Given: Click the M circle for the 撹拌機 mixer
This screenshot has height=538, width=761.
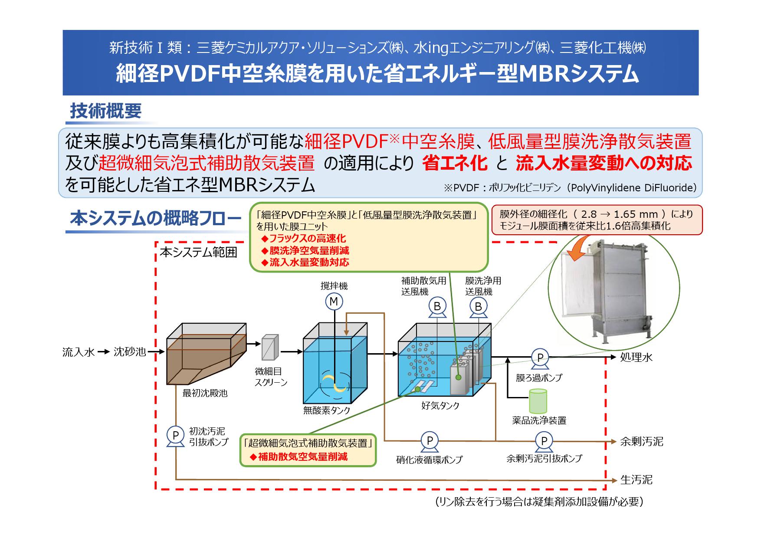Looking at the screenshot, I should (334, 302).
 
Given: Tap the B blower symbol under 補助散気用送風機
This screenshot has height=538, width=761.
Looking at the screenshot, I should (437, 306).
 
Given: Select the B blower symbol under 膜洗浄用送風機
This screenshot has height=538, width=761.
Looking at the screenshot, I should (478, 307).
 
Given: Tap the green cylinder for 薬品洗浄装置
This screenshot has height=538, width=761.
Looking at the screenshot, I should (538, 401).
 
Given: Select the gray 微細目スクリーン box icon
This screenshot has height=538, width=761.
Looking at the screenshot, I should (269, 347).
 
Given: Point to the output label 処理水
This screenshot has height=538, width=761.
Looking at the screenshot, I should (636, 358).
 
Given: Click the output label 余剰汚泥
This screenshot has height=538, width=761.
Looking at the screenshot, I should (641, 442).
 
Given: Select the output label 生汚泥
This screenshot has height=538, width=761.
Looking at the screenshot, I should (636, 480).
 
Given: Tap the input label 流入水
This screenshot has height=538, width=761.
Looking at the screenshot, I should (79, 352).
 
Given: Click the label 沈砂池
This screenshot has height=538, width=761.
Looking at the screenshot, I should (129, 352).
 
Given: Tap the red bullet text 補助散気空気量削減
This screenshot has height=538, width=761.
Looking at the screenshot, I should (302, 457).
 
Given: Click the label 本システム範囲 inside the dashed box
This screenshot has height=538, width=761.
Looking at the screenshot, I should (198, 253).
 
